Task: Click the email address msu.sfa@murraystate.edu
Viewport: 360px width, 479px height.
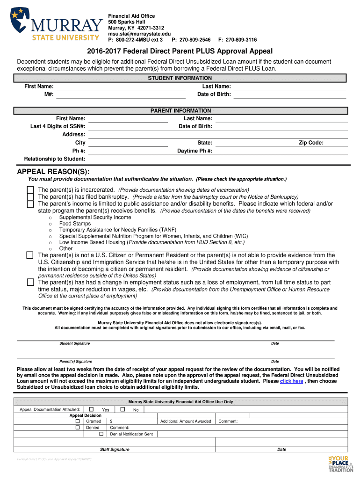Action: point(139,34)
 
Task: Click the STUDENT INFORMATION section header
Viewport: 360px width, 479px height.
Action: point(180,78)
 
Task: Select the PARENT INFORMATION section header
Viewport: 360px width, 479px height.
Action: point(180,111)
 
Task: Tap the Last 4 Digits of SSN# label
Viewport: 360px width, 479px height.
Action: point(58,126)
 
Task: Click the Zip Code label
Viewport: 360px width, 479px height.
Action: point(311,143)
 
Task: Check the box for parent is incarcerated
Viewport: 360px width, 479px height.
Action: point(30,190)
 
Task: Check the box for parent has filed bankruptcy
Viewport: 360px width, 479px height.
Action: point(30,197)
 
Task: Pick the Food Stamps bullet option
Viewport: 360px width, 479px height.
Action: point(75,224)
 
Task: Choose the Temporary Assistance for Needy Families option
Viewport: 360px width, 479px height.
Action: point(117,230)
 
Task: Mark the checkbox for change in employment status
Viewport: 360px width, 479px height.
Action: point(30,283)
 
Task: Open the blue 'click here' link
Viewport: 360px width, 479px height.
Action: point(291,381)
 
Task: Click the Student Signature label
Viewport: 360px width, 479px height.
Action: point(74,343)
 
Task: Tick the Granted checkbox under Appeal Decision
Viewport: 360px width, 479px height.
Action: point(78,421)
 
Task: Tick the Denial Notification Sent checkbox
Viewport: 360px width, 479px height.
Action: point(101,434)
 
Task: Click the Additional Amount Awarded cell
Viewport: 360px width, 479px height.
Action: point(186,421)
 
